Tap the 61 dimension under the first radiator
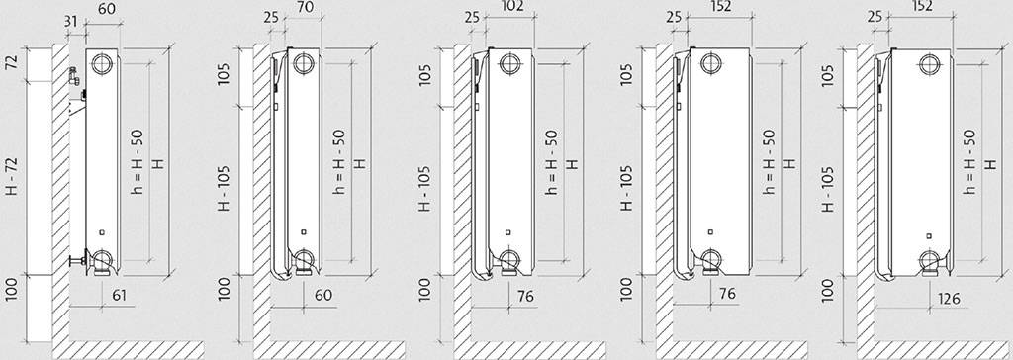click(x=119, y=296)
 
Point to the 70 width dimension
click(x=302, y=8)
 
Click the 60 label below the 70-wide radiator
click(x=323, y=295)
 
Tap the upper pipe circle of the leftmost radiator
click(x=102, y=63)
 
